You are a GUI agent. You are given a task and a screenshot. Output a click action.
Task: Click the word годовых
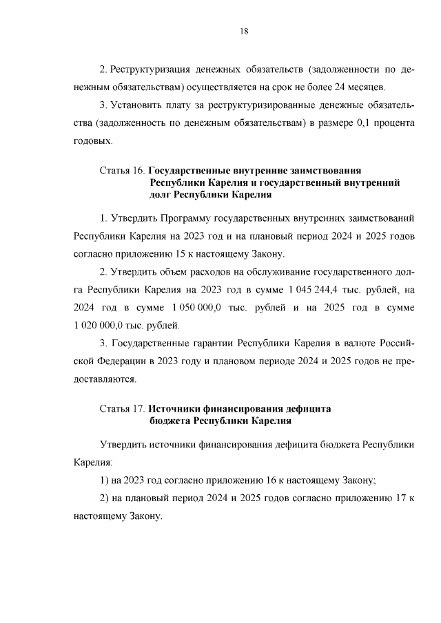click(92, 140)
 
